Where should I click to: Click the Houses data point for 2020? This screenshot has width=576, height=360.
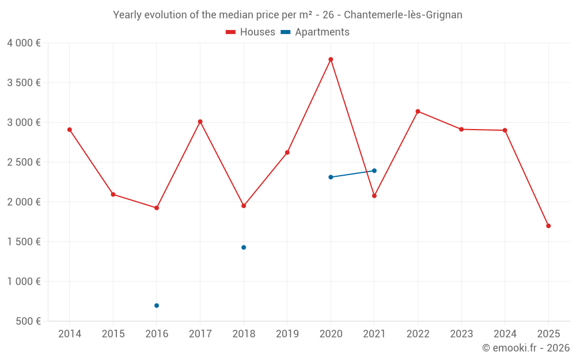[x=331, y=59]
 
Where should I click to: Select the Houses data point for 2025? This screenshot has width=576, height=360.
[x=548, y=226]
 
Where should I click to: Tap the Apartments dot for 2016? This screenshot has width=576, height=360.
[x=157, y=305]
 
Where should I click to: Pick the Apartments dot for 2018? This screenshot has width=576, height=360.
[x=244, y=247]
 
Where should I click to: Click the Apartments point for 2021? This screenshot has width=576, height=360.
[x=374, y=170]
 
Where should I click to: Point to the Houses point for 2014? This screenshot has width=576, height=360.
[x=70, y=130]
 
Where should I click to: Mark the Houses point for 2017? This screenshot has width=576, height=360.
[x=200, y=122]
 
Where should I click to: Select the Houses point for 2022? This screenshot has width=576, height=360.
[x=418, y=111]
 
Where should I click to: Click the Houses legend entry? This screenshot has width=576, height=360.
[x=251, y=32]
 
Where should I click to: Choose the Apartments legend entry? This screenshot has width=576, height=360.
[x=315, y=32]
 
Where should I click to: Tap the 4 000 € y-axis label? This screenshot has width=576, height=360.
[x=24, y=43]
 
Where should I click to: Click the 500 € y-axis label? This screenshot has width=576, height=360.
[x=28, y=321]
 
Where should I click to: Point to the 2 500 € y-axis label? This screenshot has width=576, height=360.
[x=24, y=162]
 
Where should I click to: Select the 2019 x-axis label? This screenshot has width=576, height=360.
[x=287, y=334]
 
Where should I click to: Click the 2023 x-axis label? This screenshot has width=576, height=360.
[x=461, y=334]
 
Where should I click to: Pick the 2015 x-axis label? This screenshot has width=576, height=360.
[x=113, y=334]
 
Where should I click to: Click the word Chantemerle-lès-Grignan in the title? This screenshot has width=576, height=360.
[x=403, y=15]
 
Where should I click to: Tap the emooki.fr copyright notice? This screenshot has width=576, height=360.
[x=526, y=348]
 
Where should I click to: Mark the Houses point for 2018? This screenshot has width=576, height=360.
[x=244, y=206]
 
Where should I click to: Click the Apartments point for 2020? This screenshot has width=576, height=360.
[x=331, y=177]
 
